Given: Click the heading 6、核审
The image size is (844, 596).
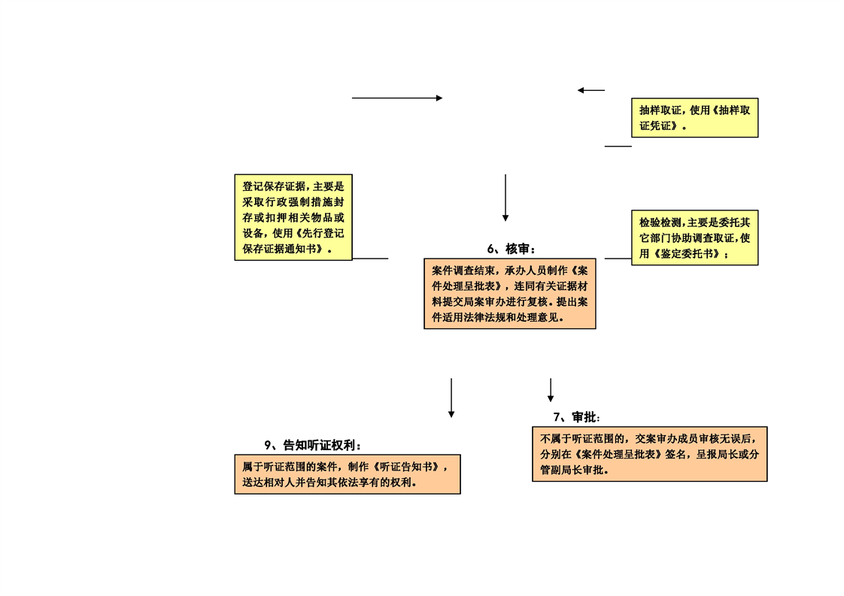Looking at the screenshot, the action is click(x=511, y=249).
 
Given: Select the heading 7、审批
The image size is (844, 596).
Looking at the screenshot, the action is click(x=576, y=417).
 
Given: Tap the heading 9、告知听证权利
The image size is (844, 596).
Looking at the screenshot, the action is click(x=312, y=446).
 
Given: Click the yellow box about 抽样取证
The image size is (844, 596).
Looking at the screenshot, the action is click(x=694, y=118).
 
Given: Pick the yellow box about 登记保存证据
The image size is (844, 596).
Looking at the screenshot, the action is click(x=293, y=217).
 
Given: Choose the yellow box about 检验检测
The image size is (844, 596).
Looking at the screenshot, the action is click(x=694, y=237).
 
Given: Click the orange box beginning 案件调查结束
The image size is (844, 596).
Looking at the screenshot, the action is click(x=510, y=294).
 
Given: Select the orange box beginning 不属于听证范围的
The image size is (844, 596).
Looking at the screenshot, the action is click(x=650, y=454).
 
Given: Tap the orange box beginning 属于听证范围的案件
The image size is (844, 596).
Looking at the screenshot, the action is click(x=348, y=474).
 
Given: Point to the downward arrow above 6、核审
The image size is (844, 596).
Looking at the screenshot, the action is click(x=505, y=198).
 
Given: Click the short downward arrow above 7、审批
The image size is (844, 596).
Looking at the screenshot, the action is click(x=551, y=390).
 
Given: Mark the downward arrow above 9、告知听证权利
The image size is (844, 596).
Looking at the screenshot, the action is click(x=451, y=398).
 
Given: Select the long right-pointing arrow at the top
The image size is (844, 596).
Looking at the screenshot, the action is click(x=397, y=98).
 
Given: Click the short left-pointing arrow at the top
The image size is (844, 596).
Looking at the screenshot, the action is click(x=591, y=90).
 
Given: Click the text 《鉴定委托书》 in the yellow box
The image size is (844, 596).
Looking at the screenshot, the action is click(x=686, y=254).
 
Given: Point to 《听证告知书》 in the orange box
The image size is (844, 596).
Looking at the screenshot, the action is click(x=406, y=467).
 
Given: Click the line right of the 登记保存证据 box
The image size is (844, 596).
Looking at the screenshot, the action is click(x=370, y=259).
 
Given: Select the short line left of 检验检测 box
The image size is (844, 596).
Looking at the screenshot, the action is click(x=618, y=259).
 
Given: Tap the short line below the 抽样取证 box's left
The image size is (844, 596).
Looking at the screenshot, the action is click(x=618, y=147).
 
